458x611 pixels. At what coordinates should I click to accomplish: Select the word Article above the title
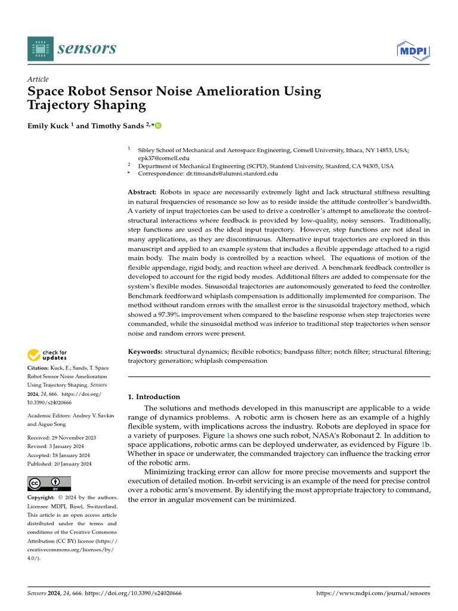pos(38,79)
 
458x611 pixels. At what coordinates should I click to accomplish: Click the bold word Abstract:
pos(143,192)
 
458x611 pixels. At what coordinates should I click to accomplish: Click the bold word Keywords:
pos(145,352)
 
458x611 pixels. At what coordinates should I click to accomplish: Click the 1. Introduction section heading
pos(154,397)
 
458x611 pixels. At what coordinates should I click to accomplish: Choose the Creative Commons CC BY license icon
pos(49,483)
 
